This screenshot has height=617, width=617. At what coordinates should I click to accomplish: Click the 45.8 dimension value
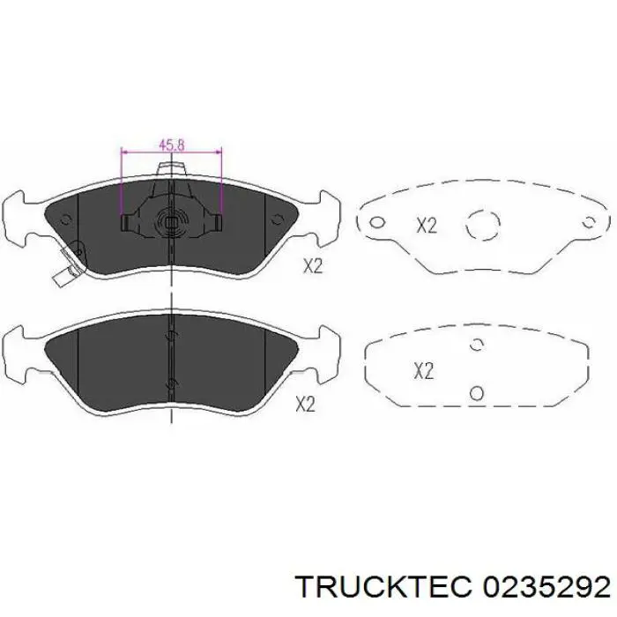point(172,145)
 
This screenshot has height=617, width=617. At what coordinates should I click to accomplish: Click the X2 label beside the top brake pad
point(313,266)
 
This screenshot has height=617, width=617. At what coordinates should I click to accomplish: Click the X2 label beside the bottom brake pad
point(305,404)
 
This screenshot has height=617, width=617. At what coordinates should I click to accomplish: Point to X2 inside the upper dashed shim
point(427,226)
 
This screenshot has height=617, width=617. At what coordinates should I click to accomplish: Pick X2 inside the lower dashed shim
point(424,371)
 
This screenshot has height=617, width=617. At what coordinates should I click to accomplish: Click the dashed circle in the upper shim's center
point(483,225)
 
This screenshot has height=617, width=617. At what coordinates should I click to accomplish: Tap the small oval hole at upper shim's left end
point(376,223)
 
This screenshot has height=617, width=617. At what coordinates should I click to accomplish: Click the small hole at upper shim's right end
point(588,222)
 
